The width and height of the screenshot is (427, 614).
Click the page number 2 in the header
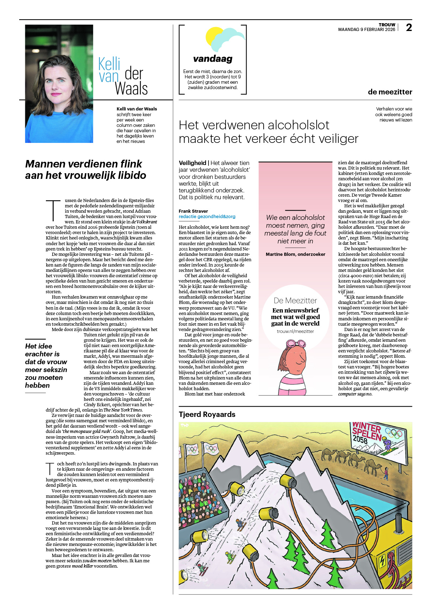pos(409,27)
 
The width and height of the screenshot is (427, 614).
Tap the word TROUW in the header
pos(387,25)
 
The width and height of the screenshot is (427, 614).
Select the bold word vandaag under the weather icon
pos(213,58)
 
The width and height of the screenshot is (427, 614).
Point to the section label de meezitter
pos(390,92)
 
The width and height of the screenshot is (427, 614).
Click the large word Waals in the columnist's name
pos(131,89)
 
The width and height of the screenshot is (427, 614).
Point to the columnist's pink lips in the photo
pos(56,94)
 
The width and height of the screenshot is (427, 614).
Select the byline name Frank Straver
pos(193,211)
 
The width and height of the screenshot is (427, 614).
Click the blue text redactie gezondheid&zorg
pos(207,216)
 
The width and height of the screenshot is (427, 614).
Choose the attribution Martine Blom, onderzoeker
pos(295,254)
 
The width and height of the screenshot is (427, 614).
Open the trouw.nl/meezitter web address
pos(295,331)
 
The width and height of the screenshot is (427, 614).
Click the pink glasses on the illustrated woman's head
pos(296,344)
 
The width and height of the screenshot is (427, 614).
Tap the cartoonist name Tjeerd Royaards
pos(207,414)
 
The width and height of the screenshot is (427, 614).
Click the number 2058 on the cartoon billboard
pos(360,439)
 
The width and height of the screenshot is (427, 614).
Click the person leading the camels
pos(386,473)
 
